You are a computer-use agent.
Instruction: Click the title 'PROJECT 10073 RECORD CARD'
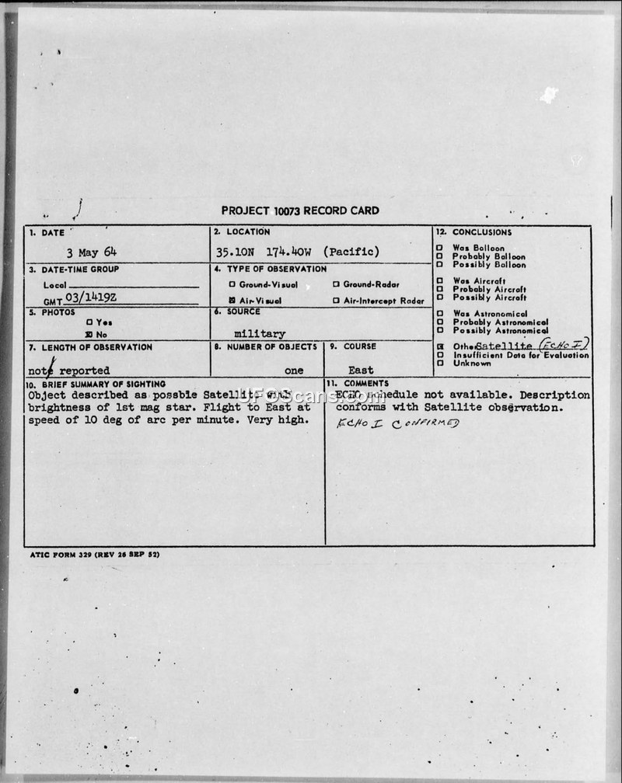(x=300, y=211)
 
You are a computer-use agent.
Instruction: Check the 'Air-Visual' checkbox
(x=232, y=301)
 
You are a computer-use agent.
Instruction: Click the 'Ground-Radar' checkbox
(x=336, y=284)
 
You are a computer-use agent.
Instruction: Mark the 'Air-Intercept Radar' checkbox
(x=336, y=301)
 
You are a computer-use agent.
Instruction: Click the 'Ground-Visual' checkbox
(x=232, y=284)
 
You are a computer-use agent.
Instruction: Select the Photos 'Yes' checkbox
(x=89, y=322)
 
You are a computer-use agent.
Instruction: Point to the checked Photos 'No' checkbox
(x=89, y=332)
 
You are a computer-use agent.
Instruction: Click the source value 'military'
(x=260, y=334)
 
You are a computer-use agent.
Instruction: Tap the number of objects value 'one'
(x=294, y=371)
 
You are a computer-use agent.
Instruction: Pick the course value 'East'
(x=361, y=371)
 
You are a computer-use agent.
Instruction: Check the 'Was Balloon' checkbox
(x=440, y=249)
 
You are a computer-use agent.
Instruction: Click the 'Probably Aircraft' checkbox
(x=440, y=289)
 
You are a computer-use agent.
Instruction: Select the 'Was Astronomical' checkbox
(x=440, y=314)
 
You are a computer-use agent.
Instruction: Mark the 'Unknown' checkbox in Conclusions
(x=440, y=363)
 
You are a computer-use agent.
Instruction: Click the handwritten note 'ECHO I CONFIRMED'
(x=397, y=423)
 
